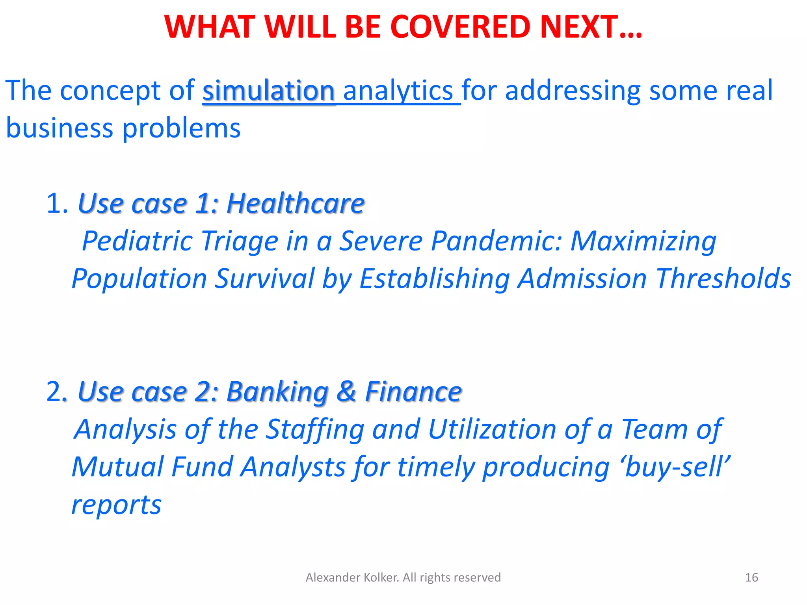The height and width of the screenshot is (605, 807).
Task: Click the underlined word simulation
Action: point(268,91)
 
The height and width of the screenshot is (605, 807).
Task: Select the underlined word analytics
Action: point(398,91)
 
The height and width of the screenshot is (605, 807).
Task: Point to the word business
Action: point(60,128)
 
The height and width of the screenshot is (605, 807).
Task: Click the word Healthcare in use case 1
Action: point(296,204)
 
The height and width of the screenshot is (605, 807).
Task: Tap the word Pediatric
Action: point(136,241)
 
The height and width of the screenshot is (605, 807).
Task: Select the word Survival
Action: point(264,278)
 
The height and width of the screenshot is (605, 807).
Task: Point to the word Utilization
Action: point(492,429)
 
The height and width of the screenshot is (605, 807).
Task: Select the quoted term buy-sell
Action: point(675,467)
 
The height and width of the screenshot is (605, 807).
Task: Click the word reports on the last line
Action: point(116,505)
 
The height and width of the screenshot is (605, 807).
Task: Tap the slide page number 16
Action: point(751,577)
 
